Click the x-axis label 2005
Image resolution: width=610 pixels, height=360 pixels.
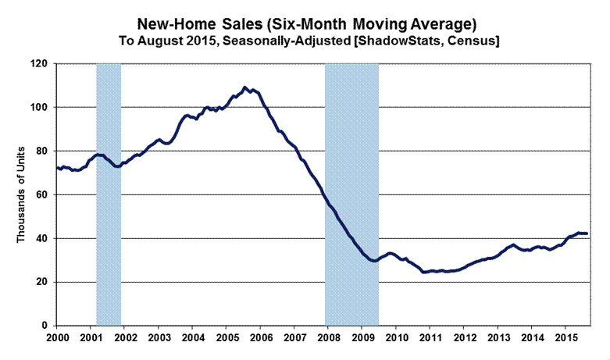pos(227,337)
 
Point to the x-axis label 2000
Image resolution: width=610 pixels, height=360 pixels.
pos(59,337)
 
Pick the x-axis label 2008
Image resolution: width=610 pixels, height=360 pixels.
pos(328,337)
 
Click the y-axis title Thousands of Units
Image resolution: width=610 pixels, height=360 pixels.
pos(22,194)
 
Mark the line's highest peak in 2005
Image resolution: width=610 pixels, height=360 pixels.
pos(245,87)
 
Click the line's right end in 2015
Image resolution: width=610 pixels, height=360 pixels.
pos(587,233)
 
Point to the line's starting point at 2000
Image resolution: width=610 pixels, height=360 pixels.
pos(57,167)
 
